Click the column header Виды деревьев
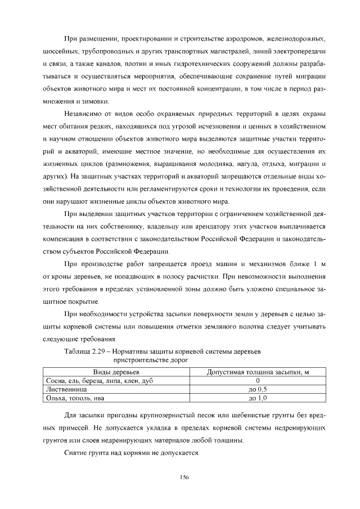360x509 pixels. [116, 372]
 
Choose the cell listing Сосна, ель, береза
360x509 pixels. [99, 381]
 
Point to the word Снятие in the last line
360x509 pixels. [75, 453]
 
